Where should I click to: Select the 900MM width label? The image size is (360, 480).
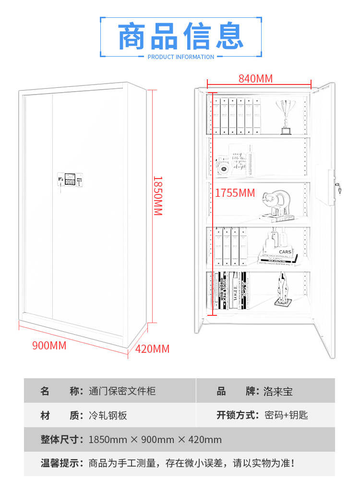pos(49,345)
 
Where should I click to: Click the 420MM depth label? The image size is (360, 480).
pos(153,349)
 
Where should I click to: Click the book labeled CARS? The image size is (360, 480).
pos(285,252)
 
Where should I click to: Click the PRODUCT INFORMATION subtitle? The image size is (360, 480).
pos(181,57)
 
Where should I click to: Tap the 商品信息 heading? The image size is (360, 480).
pos(181,36)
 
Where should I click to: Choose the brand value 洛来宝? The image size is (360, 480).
pos(278,391)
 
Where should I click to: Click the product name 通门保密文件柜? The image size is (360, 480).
pos(122,391)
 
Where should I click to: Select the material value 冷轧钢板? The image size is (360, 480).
pos(108,415)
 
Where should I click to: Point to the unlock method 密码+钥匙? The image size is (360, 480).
pos(286,415)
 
